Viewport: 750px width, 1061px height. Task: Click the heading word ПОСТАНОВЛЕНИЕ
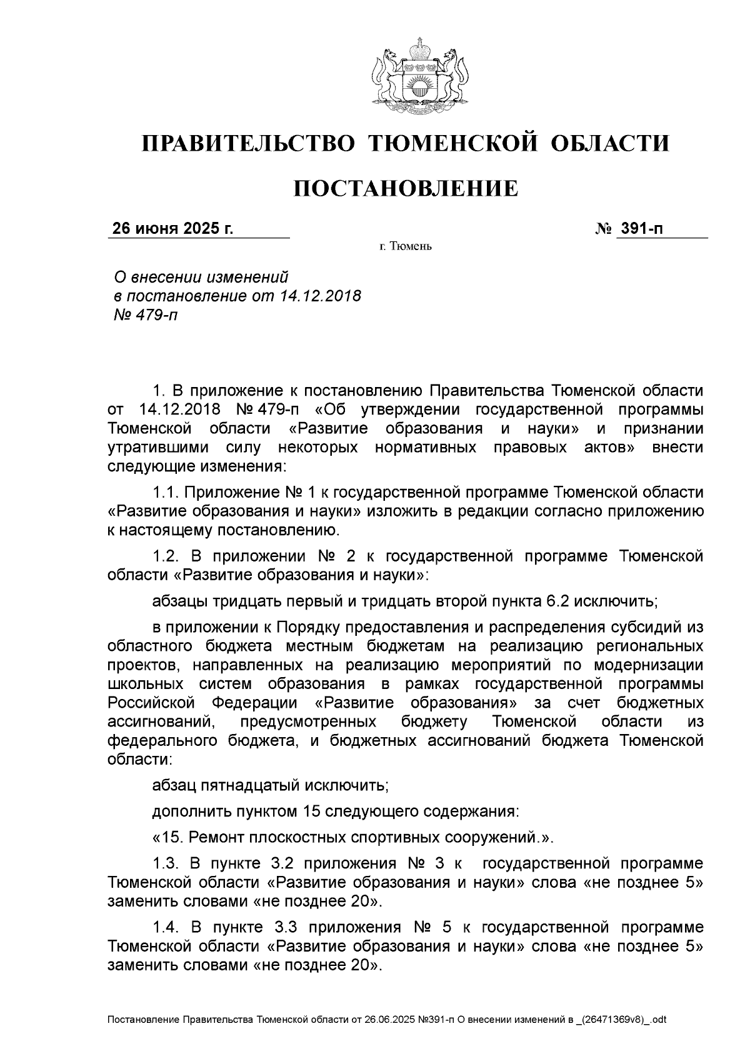(406, 188)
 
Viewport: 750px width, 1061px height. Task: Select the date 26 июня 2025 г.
(172, 229)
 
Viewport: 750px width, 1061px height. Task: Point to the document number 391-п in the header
(641, 229)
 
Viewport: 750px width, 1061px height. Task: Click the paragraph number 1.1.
(166, 491)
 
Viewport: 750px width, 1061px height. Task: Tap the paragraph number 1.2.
(166, 555)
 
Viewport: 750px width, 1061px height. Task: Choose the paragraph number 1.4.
(166, 926)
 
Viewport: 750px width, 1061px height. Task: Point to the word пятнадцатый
(247, 783)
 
